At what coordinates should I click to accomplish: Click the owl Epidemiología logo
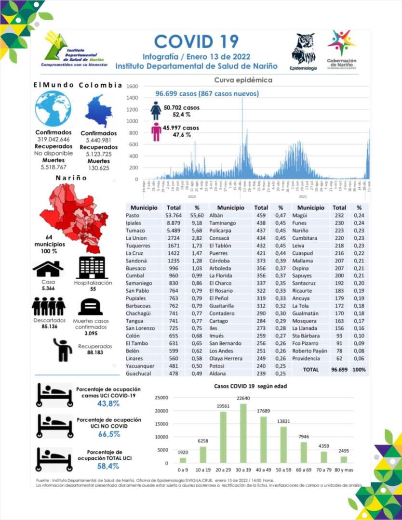click(x=303, y=49)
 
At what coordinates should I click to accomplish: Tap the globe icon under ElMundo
click(x=53, y=109)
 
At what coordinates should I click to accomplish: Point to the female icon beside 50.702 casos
click(x=156, y=110)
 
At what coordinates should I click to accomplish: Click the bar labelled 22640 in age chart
click(x=243, y=433)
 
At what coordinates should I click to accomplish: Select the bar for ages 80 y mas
click(x=343, y=459)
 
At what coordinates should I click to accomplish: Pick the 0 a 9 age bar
click(x=183, y=460)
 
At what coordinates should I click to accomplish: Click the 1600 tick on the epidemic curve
click(x=133, y=87)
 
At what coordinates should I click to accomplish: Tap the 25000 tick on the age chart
click(x=161, y=398)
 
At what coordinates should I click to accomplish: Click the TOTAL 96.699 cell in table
click(x=340, y=369)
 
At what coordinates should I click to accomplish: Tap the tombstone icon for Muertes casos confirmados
click(x=90, y=307)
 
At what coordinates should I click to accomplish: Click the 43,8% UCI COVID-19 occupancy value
click(x=108, y=403)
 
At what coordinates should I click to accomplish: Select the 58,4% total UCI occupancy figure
click(x=108, y=466)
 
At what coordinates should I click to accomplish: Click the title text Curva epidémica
click(x=243, y=80)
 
